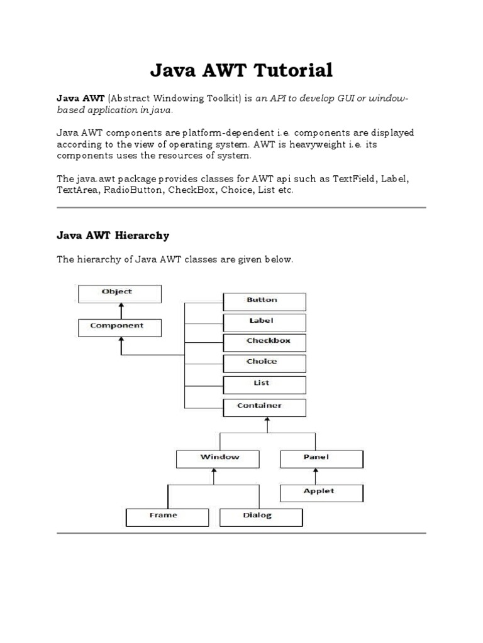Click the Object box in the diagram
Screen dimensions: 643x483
(x=119, y=293)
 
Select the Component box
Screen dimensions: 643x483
(x=119, y=327)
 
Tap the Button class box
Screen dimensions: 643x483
(x=264, y=301)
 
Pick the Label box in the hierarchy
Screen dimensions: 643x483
(x=264, y=322)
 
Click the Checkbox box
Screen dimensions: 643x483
(x=264, y=342)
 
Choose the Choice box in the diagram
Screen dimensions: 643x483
(x=264, y=363)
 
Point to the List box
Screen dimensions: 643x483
(x=264, y=384)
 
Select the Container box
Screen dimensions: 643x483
(x=264, y=407)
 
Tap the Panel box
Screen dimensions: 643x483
(x=321, y=458)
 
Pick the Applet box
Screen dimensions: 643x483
(x=321, y=492)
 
